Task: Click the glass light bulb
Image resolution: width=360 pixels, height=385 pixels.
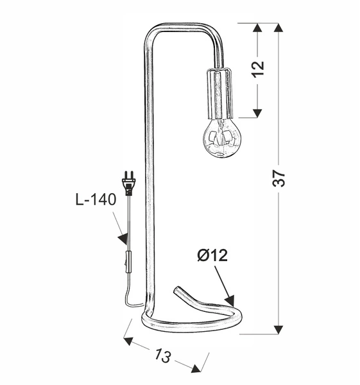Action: tap(222, 137)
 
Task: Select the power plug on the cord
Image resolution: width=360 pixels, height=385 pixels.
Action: tap(130, 184)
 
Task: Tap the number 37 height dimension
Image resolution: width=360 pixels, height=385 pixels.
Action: tap(279, 179)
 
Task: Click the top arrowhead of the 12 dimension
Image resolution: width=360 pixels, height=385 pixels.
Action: tap(257, 29)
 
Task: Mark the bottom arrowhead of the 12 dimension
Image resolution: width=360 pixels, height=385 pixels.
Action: tap(257, 112)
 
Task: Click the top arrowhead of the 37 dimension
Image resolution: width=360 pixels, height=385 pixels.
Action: tap(279, 29)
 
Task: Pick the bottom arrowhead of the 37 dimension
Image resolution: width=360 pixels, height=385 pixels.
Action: tap(279, 329)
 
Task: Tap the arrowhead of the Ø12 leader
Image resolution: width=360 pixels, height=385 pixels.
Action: tap(228, 300)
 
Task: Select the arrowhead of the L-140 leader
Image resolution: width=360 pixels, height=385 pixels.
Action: tap(123, 239)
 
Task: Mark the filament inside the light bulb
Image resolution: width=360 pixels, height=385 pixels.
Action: tap(222, 136)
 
